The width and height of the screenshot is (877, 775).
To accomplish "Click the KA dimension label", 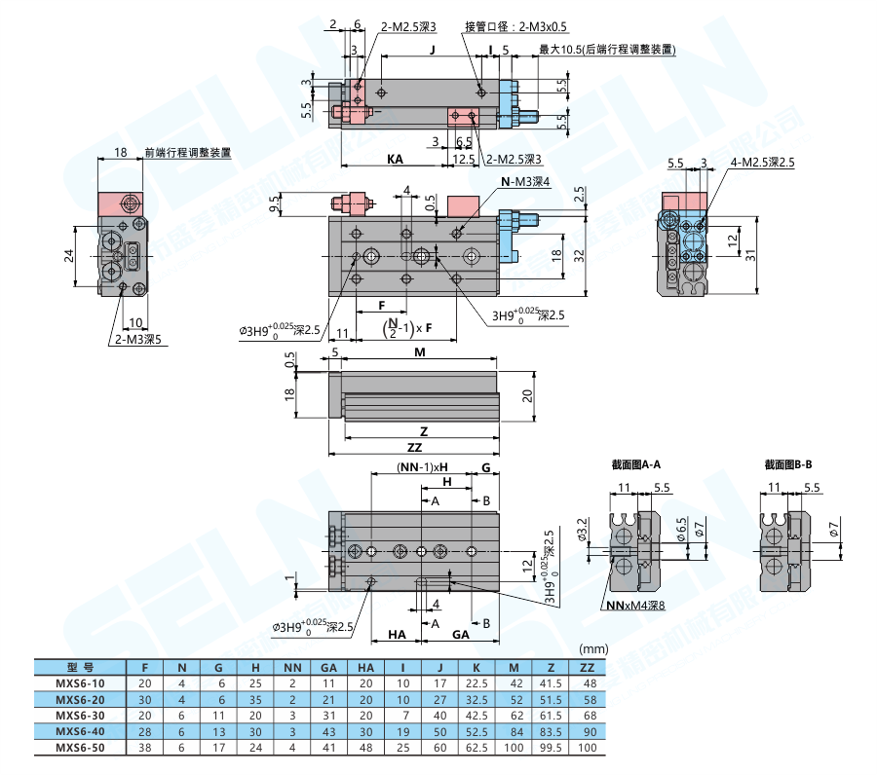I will pos(395,158).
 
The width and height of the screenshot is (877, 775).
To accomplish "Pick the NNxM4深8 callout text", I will pos(635,606).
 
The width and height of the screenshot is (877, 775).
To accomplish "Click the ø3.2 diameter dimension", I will pos(581,530).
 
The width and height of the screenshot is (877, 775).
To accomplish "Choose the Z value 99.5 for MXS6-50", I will pos(552,747).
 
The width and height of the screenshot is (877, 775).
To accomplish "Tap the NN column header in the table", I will pos(291,668).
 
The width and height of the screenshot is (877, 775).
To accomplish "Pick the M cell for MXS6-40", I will pos(515,731).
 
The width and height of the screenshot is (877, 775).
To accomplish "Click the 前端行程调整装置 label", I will pos(187,152).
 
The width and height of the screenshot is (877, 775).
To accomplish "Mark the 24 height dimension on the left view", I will pos(69,256).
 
